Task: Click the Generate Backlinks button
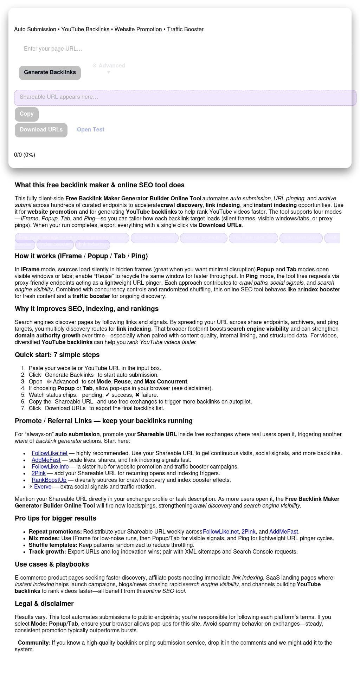[50, 73]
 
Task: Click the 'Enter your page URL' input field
[105, 49]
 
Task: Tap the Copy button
[27, 114]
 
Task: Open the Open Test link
[91, 130]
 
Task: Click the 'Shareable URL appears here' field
[185, 97]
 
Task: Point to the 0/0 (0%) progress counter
[25, 155]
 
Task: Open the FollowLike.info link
[50, 467]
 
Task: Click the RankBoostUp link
[49, 480]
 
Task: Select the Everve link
[43, 487]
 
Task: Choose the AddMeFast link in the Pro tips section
[284, 532]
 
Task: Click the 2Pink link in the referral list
[39, 473]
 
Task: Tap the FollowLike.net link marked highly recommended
[50, 453]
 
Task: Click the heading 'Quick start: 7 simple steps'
[57, 355]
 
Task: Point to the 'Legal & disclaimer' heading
[44, 604]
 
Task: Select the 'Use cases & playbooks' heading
[52, 564]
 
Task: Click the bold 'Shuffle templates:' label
[53, 545]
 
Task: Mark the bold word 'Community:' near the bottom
[34, 643]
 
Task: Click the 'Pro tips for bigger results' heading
[55, 518]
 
